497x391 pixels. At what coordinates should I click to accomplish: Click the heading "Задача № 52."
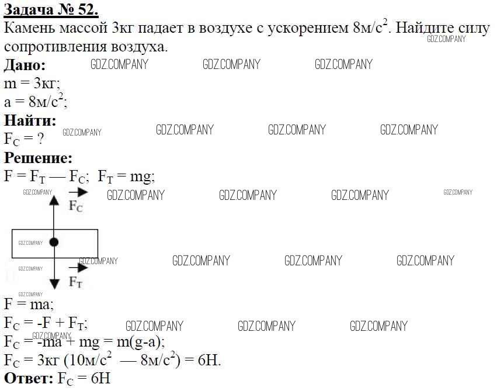pyautogui.click(x=51, y=9)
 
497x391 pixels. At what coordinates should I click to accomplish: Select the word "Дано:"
pyautogui.click(x=25, y=65)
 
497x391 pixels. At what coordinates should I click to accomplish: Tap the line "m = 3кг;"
pyautogui.click(x=32, y=84)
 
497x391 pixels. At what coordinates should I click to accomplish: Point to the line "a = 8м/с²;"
pyautogui.click(x=36, y=101)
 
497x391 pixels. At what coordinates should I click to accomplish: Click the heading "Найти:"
pyautogui.click(x=30, y=120)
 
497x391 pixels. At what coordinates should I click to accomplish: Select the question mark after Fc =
pyautogui.click(x=40, y=139)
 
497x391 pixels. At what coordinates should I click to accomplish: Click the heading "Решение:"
pyautogui.click(x=38, y=158)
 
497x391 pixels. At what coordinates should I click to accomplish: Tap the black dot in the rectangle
pyautogui.click(x=54, y=243)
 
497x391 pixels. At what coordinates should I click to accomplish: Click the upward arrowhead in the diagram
pyautogui.click(x=54, y=200)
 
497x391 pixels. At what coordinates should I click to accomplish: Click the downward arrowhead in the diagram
pyautogui.click(x=54, y=284)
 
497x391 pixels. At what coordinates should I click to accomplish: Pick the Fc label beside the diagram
pyautogui.click(x=76, y=206)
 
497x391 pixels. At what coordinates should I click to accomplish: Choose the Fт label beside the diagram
pyautogui.click(x=75, y=282)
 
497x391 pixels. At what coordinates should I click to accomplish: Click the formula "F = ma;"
pyautogui.click(x=29, y=304)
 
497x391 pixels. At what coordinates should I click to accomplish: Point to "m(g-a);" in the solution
pyautogui.click(x=141, y=342)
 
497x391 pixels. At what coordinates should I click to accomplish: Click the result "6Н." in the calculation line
pyautogui.click(x=209, y=360)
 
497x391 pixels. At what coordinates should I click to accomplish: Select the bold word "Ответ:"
pyautogui.click(x=29, y=378)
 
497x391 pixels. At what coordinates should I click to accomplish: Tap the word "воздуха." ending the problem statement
pyautogui.click(x=139, y=47)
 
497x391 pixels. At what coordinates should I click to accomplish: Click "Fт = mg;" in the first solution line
pyautogui.click(x=126, y=177)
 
